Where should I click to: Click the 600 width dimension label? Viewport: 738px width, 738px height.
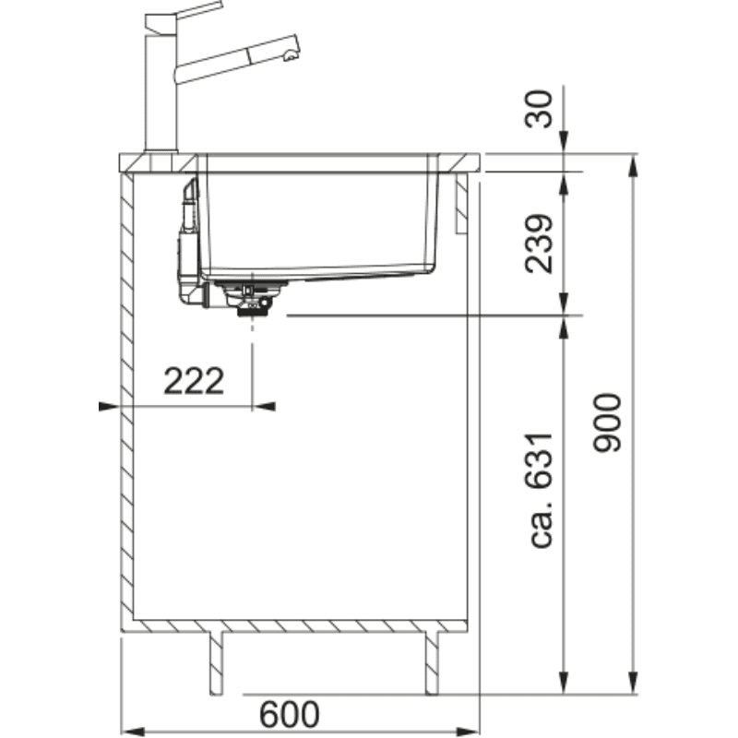[x=289, y=714]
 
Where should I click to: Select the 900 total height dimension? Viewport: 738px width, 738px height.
[x=607, y=423]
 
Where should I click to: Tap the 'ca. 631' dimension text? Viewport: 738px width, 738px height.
[x=539, y=491]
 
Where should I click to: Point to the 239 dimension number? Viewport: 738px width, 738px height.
[x=539, y=244]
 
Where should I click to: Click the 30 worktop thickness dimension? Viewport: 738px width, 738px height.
[x=539, y=109]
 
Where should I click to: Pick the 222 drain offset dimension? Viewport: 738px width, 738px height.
[x=194, y=381]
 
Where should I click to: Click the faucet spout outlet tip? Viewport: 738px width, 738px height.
[x=291, y=56]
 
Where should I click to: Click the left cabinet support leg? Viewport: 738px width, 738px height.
[x=217, y=662]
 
